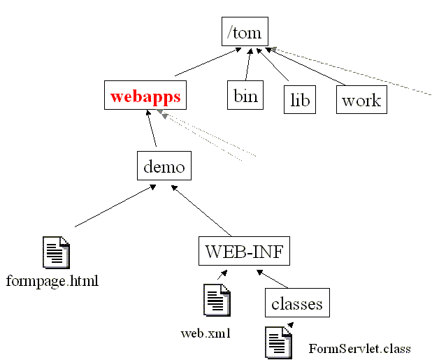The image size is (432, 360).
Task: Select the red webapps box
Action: coord(146,96)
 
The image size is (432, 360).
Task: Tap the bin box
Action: coord(245,96)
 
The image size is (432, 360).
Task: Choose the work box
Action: coord(361,101)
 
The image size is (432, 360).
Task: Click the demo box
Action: coord(164,166)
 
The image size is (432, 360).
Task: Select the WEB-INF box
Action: coord(244,251)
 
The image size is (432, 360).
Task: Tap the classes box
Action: coord(297,304)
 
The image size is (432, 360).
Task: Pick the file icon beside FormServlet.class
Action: coord(278,343)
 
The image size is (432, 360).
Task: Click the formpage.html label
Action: coord(52,282)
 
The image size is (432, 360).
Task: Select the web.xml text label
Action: coord(206,333)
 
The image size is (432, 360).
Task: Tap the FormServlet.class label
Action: coord(359,348)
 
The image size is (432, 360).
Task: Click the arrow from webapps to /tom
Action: coord(203,63)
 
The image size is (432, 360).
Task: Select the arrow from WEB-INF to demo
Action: coord(202,210)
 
